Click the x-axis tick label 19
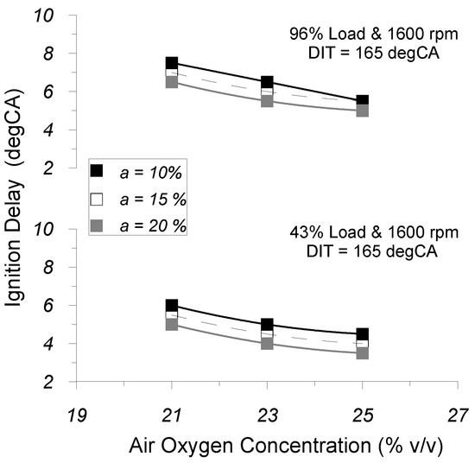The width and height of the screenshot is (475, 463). (77, 414)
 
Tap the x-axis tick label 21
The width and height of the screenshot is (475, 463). (172, 414)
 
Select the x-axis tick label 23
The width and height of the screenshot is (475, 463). (267, 414)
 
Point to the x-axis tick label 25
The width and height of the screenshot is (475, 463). (363, 414)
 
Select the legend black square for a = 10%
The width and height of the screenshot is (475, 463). (98, 170)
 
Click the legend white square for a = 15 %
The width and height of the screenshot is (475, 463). (98, 198)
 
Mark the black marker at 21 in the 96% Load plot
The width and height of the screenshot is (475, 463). (172, 63)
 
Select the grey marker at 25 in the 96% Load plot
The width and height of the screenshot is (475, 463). (363, 111)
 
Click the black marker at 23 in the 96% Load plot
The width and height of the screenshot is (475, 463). (267, 82)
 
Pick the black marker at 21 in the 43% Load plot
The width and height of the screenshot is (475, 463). (172, 306)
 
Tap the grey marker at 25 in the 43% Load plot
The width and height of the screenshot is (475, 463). (363, 353)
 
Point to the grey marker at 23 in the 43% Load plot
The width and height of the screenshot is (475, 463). (267, 344)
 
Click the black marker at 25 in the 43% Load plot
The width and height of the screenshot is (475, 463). (363, 333)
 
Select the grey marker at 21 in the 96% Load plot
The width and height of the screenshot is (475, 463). (172, 82)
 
